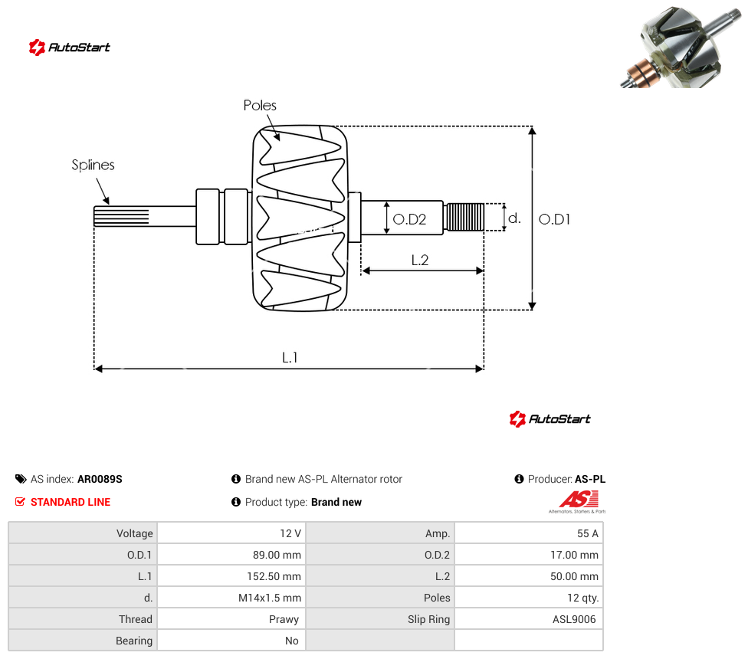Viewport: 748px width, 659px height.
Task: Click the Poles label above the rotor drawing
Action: tap(260, 106)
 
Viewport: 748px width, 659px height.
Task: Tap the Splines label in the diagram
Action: tap(93, 165)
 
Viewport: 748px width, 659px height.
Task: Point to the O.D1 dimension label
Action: tap(554, 219)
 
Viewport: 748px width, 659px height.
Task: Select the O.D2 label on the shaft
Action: tap(409, 219)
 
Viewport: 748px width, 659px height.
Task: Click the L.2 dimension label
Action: tap(420, 260)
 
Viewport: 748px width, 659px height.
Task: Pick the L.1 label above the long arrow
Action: tap(290, 357)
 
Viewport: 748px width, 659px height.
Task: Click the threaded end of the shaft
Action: tap(464, 217)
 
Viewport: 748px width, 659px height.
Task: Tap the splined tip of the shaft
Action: tap(121, 216)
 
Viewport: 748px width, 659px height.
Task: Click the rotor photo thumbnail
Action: tap(682, 46)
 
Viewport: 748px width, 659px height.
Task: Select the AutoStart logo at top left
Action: tap(70, 48)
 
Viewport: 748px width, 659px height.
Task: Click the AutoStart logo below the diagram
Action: tap(550, 419)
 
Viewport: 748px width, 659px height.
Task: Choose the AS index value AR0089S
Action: tap(100, 479)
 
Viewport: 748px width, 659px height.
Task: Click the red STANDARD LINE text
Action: tap(71, 502)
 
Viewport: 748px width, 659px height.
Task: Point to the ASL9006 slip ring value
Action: tap(574, 619)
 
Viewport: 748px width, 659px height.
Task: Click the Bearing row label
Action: tap(134, 641)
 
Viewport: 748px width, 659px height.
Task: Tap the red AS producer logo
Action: tap(578, 502)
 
